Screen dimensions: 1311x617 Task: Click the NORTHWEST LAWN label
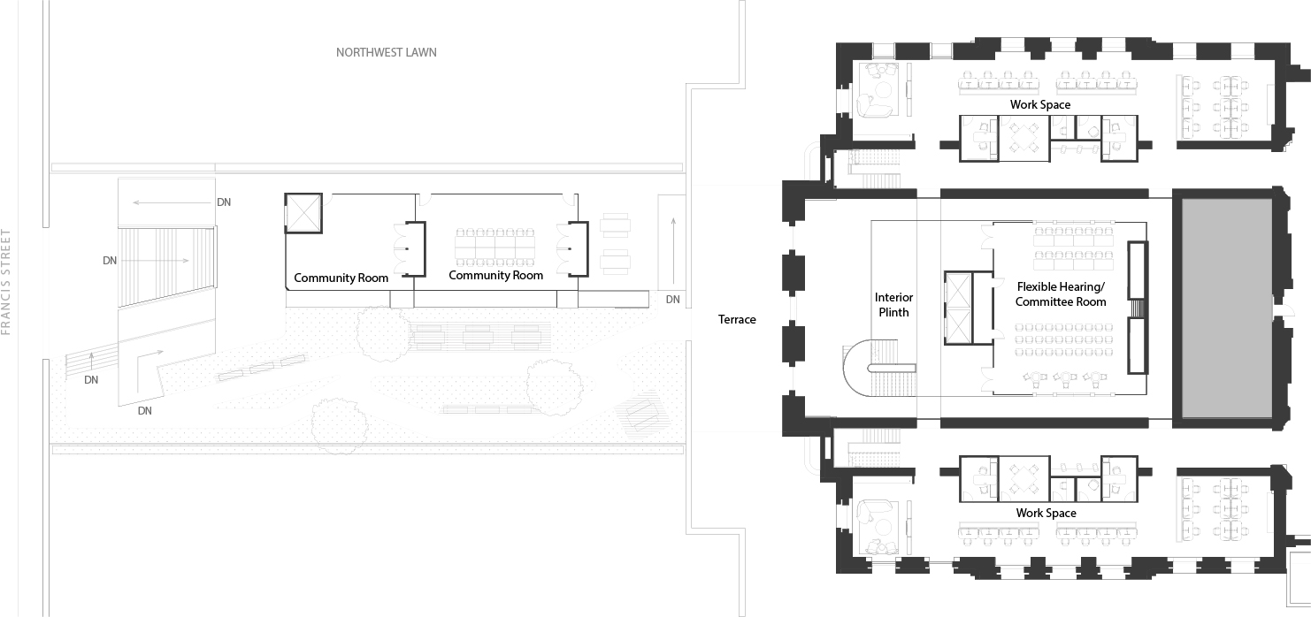387,53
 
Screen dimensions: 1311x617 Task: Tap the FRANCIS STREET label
6,282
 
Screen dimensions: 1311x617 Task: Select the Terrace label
737,319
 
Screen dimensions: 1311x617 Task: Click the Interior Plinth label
893,305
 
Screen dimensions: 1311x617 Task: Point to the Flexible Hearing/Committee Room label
1061,294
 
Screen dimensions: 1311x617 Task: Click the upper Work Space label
1040,104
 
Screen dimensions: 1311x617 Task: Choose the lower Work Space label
1046,513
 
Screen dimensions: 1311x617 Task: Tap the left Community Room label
341,278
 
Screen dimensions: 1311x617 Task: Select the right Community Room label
495,276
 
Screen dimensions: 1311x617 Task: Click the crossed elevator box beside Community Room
303,213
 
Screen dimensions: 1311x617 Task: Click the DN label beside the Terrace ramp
672,300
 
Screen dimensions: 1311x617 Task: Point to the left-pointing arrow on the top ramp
172,203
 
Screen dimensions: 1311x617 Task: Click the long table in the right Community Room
495,247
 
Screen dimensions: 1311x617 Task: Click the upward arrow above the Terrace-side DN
674,250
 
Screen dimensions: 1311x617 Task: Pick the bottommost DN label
144,411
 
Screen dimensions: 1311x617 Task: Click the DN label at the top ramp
224,202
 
